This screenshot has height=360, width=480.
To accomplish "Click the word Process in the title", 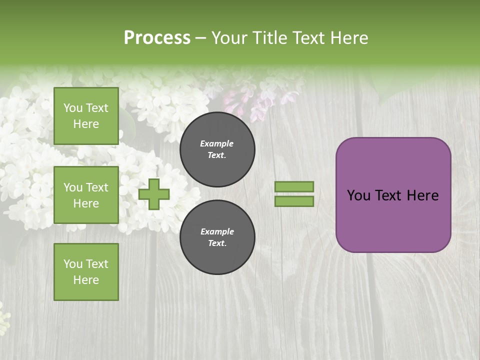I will tap(157, 38).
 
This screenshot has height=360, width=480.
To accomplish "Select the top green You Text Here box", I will tap(86, 116).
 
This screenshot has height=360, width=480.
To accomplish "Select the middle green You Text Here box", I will tap(86, 195).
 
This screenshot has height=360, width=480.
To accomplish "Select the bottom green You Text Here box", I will tap(86, 272).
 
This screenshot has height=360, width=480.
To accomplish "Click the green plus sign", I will tap(154, 194).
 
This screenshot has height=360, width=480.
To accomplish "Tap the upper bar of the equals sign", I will tap(294, 186).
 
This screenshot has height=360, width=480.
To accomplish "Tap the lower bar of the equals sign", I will tap(294, 201).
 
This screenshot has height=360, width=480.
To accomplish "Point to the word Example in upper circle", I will tap(217, 143).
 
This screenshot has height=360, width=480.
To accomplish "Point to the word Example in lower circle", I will tap(217, 231).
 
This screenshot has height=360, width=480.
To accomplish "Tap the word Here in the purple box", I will tap(422, 195).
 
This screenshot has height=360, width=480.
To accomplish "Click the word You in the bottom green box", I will tap(72, 264).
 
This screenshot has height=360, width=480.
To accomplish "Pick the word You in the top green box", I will tap(72, 108).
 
